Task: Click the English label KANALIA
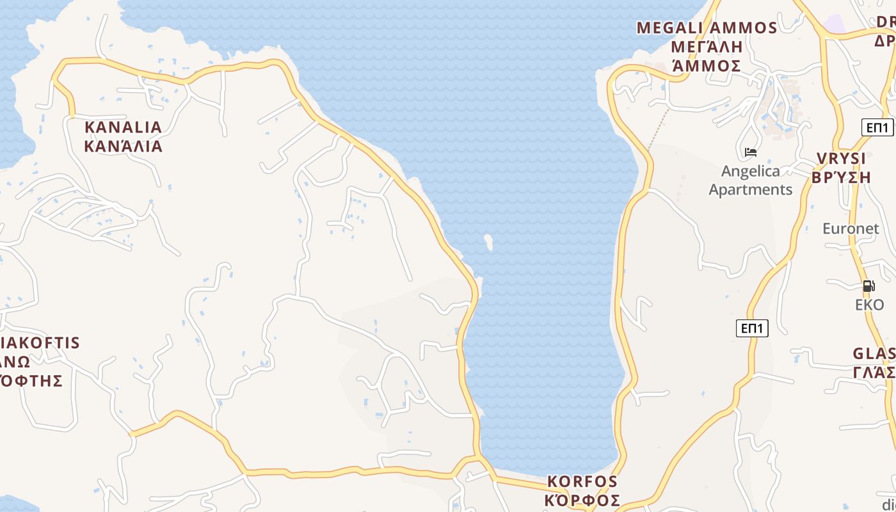coord(123,127)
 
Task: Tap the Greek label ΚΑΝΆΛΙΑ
coord(123,146)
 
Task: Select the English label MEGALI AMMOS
coord(707,28)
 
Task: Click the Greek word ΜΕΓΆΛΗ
coord(707,47)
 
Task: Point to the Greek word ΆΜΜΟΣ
coord(707,66)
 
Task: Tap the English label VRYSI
coord(841,158)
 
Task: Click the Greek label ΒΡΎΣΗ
coord(841,177)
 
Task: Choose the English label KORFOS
coord(582,481)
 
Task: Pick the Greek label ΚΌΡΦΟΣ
coord(582,500)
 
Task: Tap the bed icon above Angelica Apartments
coord(751,152)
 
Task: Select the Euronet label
coord(851,228)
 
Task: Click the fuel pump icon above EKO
coord(868,286)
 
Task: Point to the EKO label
coord(869,305)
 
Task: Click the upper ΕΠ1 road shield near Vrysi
coord(877,127)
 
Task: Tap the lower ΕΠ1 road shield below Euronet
coord(752,328)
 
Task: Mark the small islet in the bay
coord(488,242)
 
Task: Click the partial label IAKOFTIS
coord(41,343)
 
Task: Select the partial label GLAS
coord(874,354)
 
